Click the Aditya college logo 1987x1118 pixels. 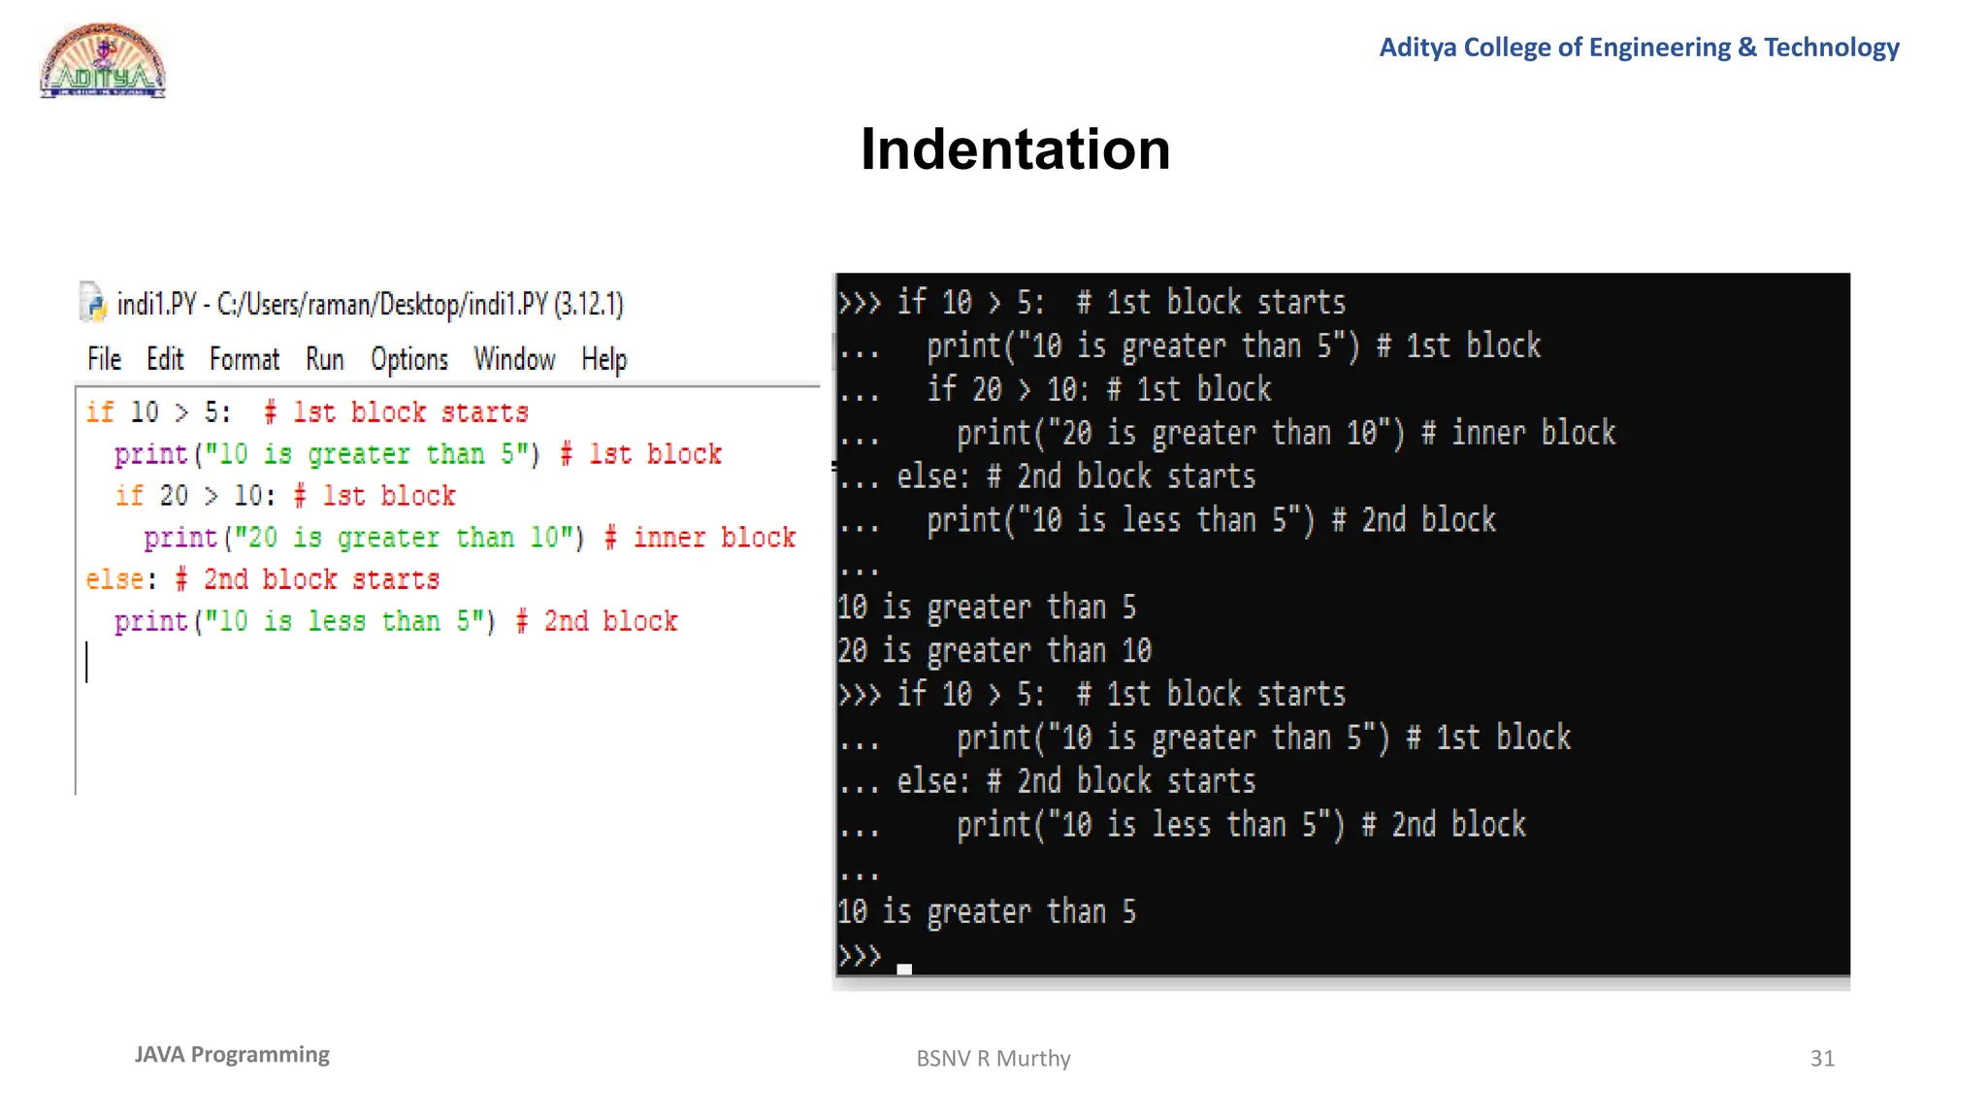point(103,61)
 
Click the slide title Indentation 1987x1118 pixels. point(1015,149)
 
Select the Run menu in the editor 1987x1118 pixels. point(325,360)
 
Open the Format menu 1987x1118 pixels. point(244,360)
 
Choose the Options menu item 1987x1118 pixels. point(409,360)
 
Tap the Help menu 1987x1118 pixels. point(603,360)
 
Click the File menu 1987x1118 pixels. point(104,360)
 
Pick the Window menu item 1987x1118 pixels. point(514,360)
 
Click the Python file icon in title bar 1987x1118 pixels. point(92,302)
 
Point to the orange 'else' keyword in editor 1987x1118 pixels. point(114,579)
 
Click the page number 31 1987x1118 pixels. point(1822,1058)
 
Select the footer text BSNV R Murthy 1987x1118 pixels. point(993,1058)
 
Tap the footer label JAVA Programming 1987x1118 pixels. point(232,1055)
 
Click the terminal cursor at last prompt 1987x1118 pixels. point(904,969)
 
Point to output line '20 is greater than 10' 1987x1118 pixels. point(994,650)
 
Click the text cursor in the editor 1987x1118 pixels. point(87,662)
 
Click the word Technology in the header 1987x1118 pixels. point(1831,48)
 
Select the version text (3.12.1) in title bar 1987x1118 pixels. point(589,305)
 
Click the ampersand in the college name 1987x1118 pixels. point(1746,48)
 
